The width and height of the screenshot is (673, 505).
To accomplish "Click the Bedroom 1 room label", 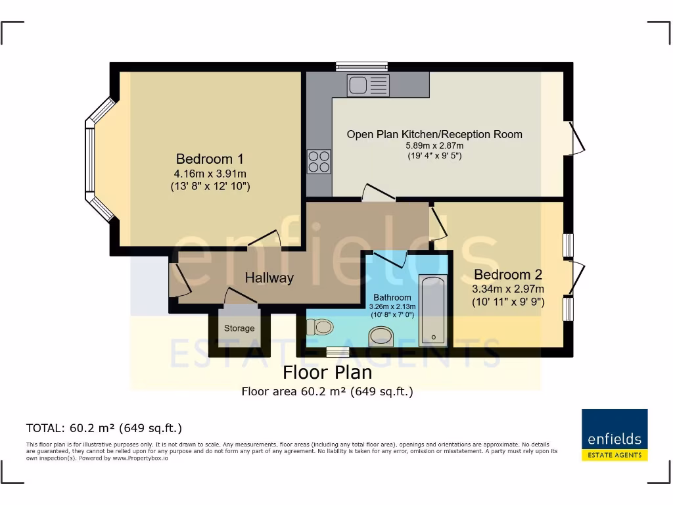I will (x=210, y=159).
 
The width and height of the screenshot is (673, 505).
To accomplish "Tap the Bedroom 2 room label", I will (x=508, y=274).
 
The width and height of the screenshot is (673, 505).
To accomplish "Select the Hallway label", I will (x=269, y=278).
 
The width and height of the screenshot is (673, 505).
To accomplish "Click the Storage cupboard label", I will (x=239, y=328).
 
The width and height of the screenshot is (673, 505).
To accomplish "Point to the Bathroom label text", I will (x=392, y=297).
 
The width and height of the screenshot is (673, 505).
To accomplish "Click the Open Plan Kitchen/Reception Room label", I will (x=434, y=134).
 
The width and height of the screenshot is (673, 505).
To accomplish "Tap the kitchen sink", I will (x=368, y=85).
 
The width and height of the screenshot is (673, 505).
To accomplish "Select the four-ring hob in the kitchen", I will (x=319, y=161).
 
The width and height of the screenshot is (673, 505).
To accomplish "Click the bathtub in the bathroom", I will (x=433, y=310).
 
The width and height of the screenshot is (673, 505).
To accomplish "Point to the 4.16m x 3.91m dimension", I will (x=210, y=174).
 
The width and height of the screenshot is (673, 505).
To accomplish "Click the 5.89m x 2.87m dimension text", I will (x=434, y=146).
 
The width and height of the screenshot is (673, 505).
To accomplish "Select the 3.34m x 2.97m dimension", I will (x=508, y=289).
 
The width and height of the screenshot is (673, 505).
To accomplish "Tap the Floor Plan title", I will (x=327, y=373).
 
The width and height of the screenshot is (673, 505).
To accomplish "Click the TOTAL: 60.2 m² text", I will (x=104, y=428).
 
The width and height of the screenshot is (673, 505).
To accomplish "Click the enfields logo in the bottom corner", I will (x=615, y=435).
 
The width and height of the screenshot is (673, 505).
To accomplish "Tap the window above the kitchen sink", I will (x=361, y=66).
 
